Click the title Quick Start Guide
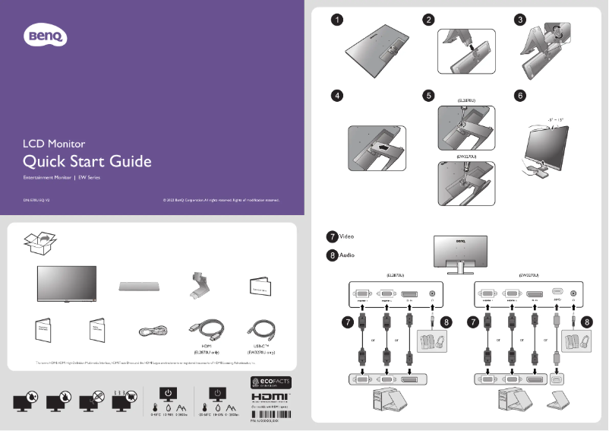coord(87,161)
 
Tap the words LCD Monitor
coord(54,143)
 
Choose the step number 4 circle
coord(336,96)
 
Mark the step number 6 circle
coord(520,96)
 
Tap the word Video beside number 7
coord(347,236)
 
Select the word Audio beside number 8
coord(347,255)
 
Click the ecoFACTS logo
coord(270,382)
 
